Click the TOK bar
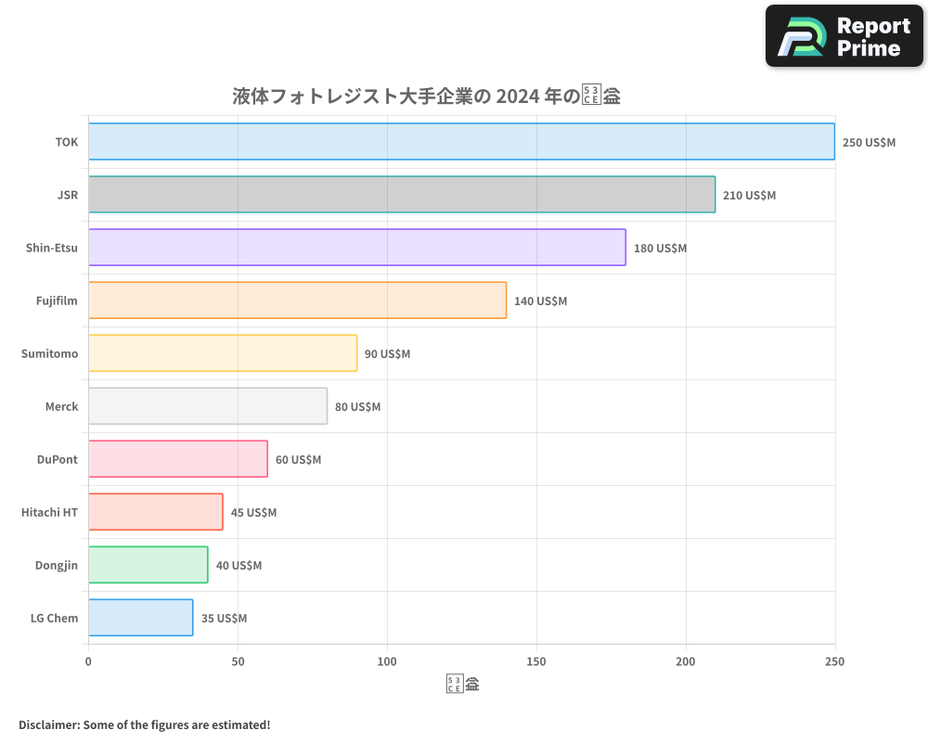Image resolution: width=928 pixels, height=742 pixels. [461, 142]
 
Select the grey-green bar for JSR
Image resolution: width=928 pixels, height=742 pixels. [402, 195]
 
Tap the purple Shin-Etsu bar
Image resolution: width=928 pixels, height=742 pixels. [357, 248]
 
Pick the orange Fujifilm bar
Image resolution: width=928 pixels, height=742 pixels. [297, 301]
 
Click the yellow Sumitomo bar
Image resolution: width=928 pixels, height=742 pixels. [223, 353]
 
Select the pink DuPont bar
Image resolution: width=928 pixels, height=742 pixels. [178, 459]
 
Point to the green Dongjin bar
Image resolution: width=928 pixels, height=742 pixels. [148, 565]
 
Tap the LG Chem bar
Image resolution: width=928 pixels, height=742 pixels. [141, 618]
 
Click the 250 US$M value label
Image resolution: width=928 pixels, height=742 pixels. [869, 143]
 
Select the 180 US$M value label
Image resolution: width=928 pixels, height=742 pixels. [660, 249]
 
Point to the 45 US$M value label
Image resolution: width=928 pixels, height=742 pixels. [253, 513]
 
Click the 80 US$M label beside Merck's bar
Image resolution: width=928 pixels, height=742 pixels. [357, 407]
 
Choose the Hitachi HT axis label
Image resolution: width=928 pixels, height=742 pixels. [49, 512]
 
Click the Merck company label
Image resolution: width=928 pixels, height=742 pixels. [61, 406]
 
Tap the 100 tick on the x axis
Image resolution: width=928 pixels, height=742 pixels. [387, 661]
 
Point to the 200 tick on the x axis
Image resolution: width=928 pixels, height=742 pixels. [686, 661]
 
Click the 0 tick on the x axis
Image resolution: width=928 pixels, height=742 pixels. [88, 661]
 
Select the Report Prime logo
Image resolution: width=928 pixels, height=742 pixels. [844, 36]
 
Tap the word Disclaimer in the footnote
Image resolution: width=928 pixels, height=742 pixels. [48, 724]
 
